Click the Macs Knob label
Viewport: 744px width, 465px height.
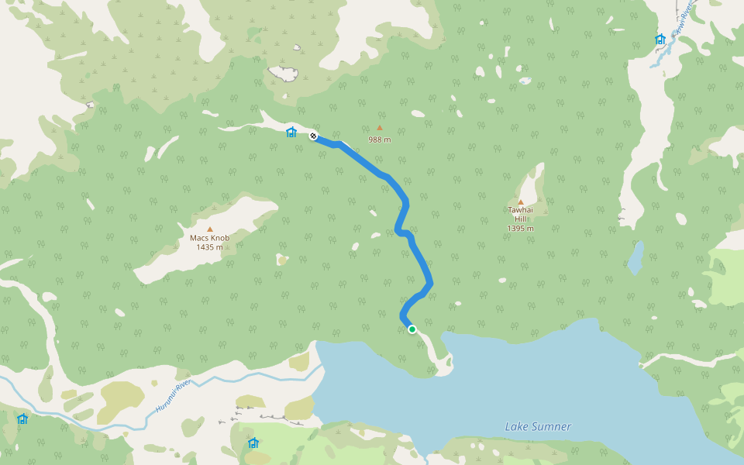pos(209,238)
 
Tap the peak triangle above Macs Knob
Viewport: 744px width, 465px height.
pos(209,229)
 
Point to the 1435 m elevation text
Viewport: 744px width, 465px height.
pos(209,247)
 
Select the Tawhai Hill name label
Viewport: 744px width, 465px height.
pos(520,214)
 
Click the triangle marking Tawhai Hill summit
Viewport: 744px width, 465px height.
pos(520,201)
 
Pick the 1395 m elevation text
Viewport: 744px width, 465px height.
pos(520,228)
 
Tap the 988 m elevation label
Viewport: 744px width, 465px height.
pos(379,139)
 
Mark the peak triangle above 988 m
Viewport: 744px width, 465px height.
pos(379,128)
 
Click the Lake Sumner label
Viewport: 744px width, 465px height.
pos(538,426)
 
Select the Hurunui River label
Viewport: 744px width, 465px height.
pos(172,396)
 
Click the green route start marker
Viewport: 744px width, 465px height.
pos(412,329)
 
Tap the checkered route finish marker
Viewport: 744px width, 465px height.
pos(314,136)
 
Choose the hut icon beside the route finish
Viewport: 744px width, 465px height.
pos(291,133)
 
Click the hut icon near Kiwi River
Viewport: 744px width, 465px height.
pos(660,40)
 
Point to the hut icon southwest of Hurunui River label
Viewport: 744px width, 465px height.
pos(22,419)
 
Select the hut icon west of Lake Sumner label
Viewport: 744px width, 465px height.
pos(253,443)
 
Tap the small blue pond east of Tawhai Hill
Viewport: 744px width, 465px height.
pos(635,257)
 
